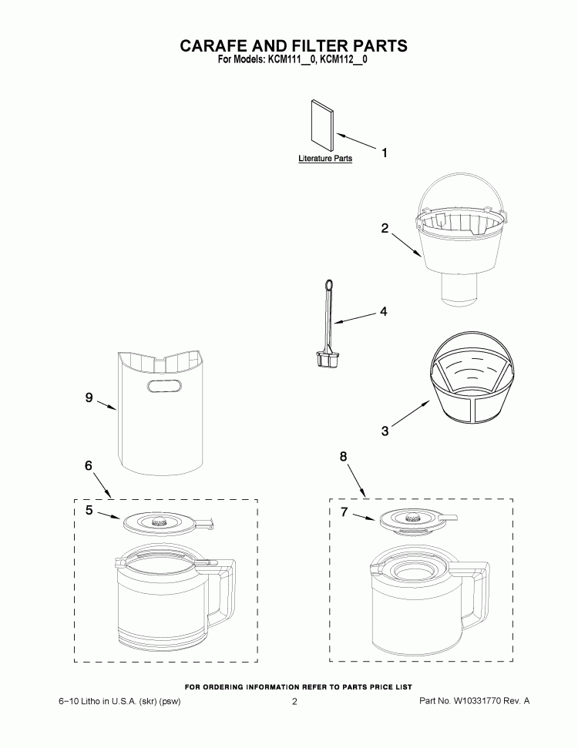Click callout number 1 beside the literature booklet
click(x=384, y=153)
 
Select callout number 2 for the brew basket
click(x=385, y=228)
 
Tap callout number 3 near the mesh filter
click(x=385, y=431)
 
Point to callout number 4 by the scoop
click(x=383, y=312)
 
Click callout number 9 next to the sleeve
click(x=89, y=397)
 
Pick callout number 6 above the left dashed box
click(x=89, y=465)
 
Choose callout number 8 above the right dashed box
click(x=344, y=457)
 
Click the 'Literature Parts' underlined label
click(x=325, y=159)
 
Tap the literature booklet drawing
click(x=322, y=123)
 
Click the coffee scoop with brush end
click(x=328, y=324)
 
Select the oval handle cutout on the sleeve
click(x=162, y=387)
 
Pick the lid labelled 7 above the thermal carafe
click(x=413, y=520)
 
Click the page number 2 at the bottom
click(x=294, y=702)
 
